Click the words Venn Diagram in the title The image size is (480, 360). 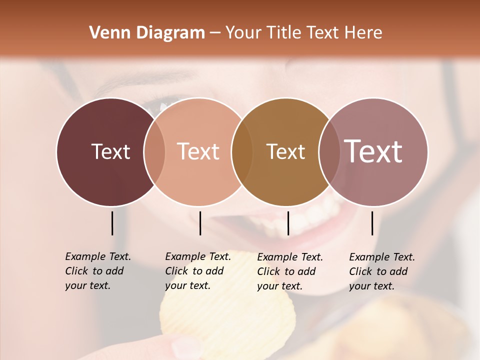[x=147, y=33]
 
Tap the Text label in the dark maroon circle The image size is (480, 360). [x=110, y=151]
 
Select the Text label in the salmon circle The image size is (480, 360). [x=198, y=151]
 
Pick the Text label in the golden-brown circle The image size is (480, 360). [x=285, y=151]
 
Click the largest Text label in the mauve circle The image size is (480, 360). [x=373, y=151]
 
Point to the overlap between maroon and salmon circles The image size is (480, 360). [x=154, y=152]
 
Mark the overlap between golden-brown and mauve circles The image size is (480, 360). [x=329, y=152]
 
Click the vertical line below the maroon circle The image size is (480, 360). [x=112, y=223]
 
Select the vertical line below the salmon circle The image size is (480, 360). [x=200, y=223]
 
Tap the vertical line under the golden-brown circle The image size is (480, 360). [x=288, y=223]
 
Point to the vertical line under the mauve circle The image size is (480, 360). [x=372, y=223]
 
